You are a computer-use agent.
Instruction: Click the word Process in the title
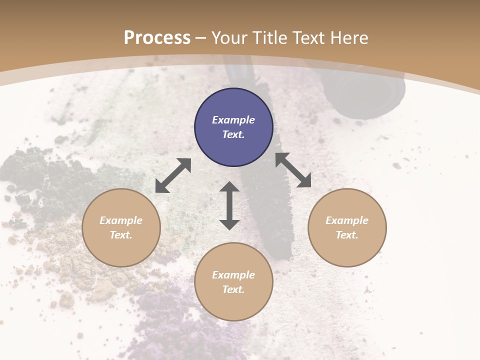(x=157, y=38)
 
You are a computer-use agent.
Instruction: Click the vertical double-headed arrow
(x=229, y=205)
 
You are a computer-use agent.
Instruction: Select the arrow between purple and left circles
(x=173, y=175)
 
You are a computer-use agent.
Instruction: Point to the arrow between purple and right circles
(x=293, y=170)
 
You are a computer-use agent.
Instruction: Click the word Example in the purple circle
(x=233, y=120)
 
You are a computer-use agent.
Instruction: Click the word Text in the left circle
(x=120, y=235)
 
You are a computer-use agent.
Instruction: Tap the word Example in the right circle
(x=347, y=220)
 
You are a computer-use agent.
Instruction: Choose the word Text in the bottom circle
(x=233, y=289)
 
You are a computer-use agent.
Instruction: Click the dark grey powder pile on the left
(x=45, y=180)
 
